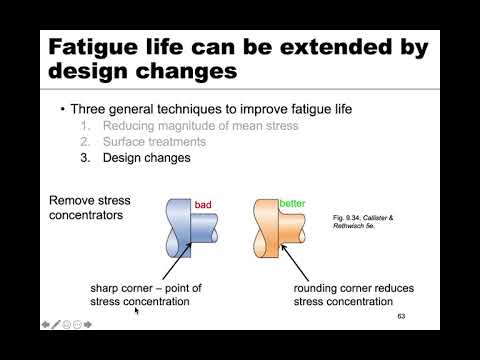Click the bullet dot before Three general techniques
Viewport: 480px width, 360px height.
63,108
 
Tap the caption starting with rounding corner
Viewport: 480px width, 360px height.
353,297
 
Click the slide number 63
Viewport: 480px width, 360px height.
402,317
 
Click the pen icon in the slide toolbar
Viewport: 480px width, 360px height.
57,325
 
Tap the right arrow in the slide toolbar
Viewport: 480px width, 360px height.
89,325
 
